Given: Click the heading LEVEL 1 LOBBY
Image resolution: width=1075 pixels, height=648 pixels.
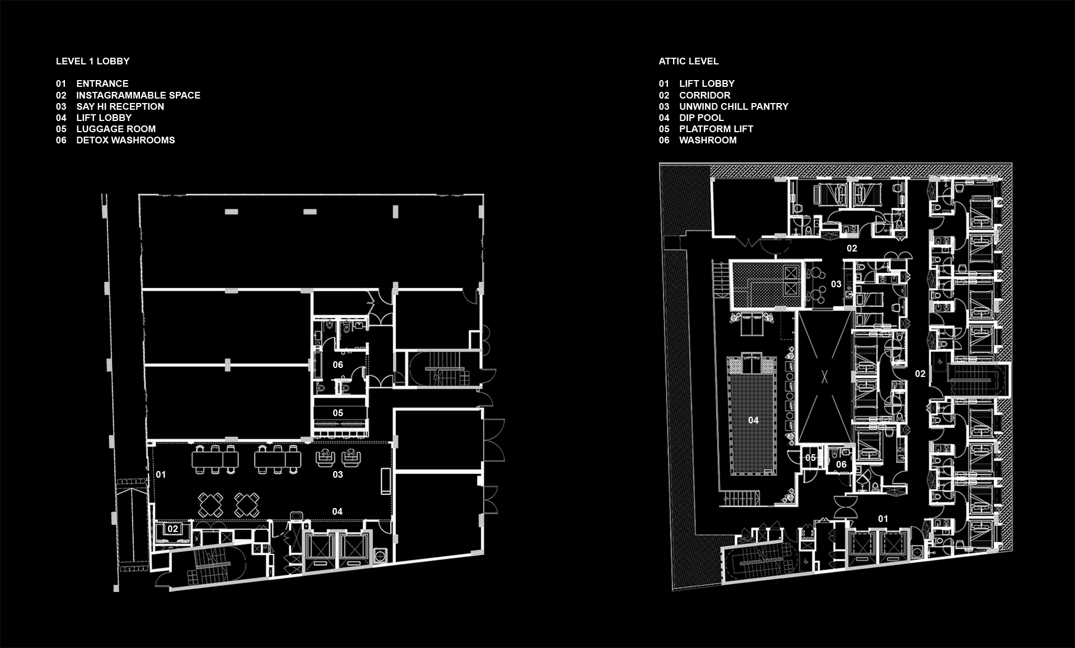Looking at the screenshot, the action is click(92, 61).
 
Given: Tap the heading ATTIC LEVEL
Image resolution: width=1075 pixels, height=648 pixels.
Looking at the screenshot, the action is click(688, 61).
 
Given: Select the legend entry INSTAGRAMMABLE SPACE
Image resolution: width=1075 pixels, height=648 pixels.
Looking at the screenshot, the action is click(138, 95).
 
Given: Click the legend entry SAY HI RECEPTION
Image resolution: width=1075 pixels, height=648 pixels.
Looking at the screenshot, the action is click(120, 106).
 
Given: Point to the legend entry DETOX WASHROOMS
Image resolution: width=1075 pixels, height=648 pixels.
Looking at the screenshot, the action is click(125, 140).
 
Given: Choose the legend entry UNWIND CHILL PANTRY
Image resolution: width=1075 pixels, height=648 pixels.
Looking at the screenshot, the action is click(733, 106).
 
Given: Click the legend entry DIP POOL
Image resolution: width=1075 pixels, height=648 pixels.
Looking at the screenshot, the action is click(702, 118).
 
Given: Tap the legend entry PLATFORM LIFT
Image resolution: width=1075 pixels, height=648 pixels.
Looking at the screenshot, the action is click(716, 129).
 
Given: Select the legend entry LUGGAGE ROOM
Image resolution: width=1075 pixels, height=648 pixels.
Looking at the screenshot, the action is click(116, 129).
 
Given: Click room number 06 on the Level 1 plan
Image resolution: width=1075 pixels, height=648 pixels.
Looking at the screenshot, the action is click(338, 365).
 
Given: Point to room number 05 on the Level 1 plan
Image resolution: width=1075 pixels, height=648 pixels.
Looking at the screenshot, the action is click(338, 413).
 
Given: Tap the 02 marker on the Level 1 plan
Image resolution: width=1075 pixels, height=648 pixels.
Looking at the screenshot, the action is click(173, 529).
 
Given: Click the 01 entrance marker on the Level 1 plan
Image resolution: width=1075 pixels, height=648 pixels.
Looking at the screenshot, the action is click(161, 474).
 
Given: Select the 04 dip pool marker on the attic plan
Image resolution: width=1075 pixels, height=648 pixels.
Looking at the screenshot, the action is click(753, 420).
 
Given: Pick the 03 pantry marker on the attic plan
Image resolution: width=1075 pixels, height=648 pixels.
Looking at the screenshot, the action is click(836, 284).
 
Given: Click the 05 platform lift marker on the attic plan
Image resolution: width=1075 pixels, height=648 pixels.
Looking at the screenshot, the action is click(810, 458).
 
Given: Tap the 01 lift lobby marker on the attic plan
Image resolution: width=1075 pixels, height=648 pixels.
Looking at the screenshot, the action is click(883, 519).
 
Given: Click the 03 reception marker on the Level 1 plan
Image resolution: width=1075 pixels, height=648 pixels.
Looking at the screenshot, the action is click(338, 474).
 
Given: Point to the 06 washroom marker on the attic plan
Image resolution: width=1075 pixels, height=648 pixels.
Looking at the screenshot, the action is click(841, 464).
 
